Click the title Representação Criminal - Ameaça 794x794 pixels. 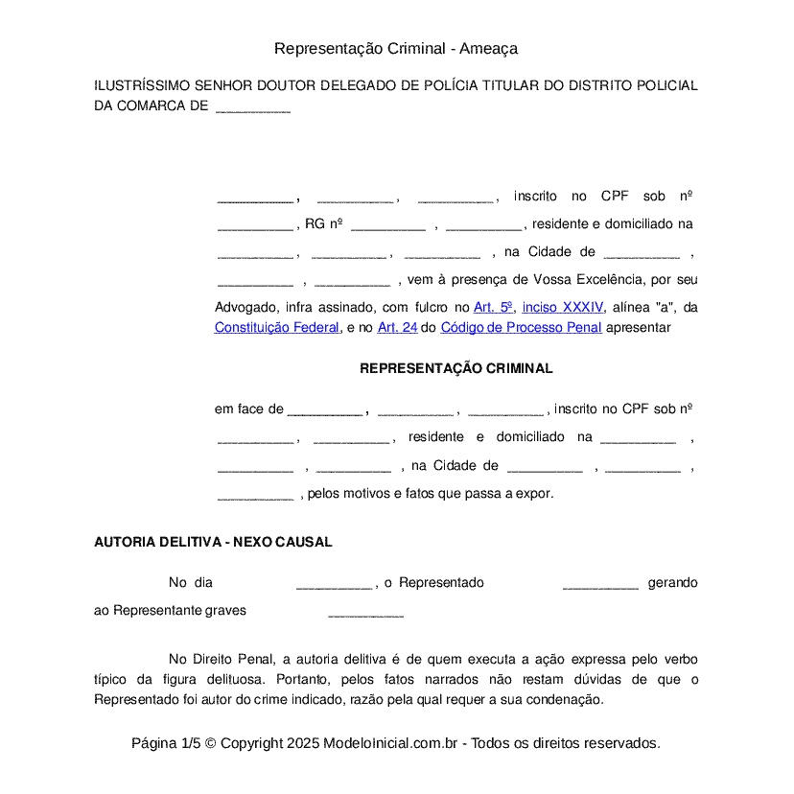click(396, 48)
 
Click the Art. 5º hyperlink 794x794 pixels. click(494, 308)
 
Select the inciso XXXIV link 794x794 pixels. click(563, 308)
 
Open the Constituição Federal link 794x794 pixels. click(277, 327)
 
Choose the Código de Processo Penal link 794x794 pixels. click(521, 327)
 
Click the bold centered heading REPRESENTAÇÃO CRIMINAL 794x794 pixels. click(455, 368)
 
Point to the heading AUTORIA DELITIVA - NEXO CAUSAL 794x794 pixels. click(213, 542)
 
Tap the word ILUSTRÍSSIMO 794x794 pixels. click(140, 85)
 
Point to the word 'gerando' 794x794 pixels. click(672, 583)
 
